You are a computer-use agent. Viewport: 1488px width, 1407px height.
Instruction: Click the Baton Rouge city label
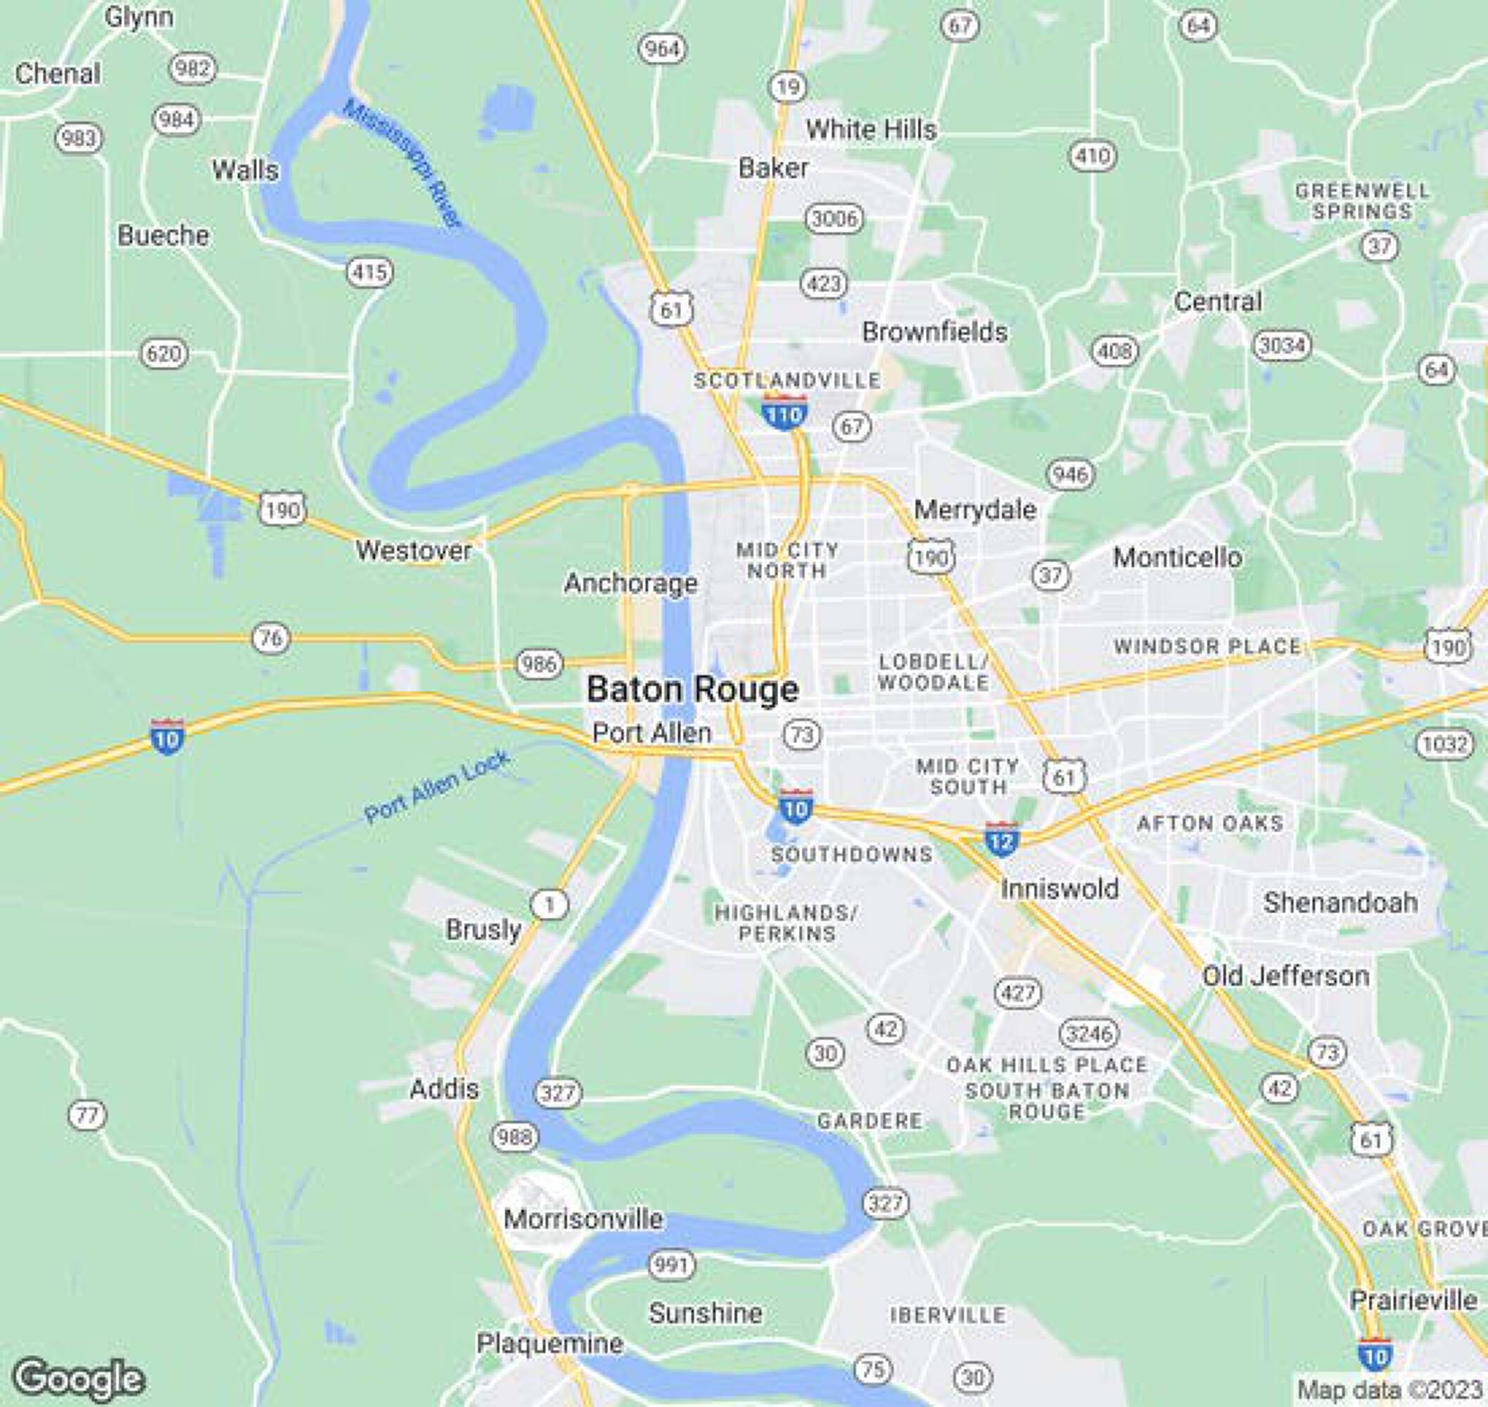692,689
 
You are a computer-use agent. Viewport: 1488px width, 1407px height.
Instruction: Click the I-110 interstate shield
784,412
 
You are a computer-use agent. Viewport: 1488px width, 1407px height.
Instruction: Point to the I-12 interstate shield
1000,839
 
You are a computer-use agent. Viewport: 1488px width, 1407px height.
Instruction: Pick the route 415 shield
371,272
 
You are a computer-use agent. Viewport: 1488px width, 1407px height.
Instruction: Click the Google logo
79,1377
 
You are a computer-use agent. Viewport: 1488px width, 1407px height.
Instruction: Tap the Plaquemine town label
549,1343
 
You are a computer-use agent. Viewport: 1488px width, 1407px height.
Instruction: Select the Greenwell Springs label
1362,201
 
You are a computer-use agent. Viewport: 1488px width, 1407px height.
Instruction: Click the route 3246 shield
1089,1033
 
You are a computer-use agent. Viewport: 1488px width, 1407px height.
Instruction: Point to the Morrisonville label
583,1218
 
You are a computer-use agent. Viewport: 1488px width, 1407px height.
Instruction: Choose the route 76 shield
270,638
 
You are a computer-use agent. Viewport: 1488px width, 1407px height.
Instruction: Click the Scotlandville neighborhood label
787,381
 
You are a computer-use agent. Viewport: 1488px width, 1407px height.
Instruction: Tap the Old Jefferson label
1285,976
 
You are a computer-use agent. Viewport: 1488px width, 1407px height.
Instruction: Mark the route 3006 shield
834,219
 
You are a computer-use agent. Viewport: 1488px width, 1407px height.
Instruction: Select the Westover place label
413,551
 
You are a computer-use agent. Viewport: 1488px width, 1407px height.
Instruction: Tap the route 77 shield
87,1115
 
